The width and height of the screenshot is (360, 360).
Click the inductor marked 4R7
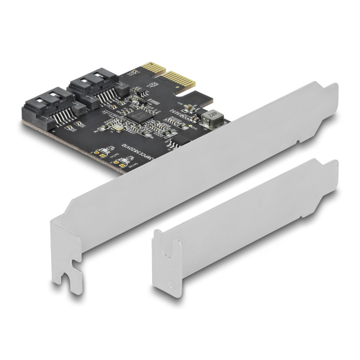pos(209,118)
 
